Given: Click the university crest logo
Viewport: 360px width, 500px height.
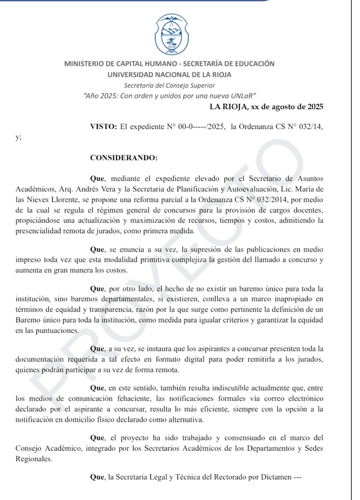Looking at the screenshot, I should point(172,35).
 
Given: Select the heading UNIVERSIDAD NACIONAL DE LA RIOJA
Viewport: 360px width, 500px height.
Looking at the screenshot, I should point(169,75).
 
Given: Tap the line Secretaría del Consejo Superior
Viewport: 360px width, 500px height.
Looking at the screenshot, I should point(169,85).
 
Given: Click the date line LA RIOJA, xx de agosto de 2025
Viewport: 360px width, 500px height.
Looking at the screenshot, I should point(266,107).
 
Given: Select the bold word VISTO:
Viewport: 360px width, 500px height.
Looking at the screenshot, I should point(103,127).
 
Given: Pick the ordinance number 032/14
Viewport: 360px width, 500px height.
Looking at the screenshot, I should point(311,127).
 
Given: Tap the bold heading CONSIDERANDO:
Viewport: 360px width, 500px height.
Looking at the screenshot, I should point(124,158).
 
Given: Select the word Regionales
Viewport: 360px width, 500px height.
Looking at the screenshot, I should point(34,459).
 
